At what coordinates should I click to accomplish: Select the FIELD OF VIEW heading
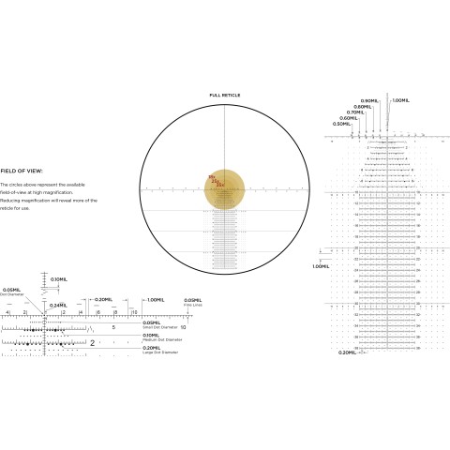pos(20,172)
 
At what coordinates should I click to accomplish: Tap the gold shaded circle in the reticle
pos(225,190)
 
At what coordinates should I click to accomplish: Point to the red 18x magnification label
pos(212,177)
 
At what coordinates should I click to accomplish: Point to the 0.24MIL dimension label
pos(57,305)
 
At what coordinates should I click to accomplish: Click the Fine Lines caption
pos(191,305)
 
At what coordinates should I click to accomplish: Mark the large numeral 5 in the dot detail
pos(112,328)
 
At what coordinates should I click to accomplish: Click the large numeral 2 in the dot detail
pos(92,343)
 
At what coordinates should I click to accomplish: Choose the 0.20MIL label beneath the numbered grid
pos(346,352)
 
